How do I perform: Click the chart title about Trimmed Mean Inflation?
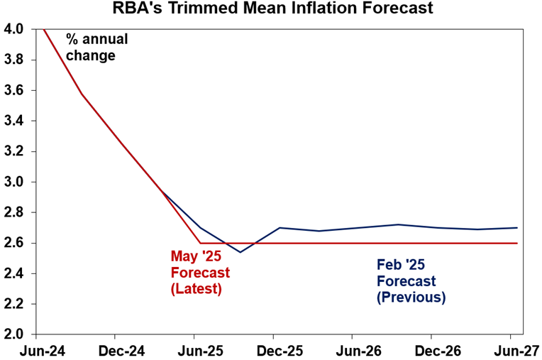pos(271,10)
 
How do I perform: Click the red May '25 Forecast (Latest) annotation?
pos(200,272)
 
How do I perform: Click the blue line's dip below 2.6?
pos(240,251)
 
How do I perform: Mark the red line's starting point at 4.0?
pos(44,29)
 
